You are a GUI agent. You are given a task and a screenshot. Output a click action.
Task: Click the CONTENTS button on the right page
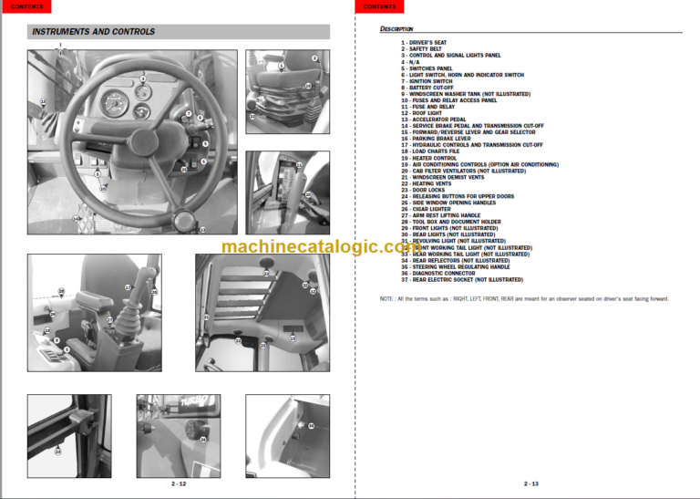tap(379, 6)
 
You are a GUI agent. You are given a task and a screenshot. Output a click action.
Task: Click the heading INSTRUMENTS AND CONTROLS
tap(93, 32)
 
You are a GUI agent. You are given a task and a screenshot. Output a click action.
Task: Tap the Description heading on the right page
tap(396, 29)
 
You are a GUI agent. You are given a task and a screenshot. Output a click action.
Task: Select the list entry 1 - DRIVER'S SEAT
tap(425, 42)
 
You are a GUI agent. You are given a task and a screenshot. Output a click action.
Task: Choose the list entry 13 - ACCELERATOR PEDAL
tap(434, 119)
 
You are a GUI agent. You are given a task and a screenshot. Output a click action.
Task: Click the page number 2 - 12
tap(179, 483)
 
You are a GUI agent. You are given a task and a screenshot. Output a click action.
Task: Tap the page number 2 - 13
tap(530, 483)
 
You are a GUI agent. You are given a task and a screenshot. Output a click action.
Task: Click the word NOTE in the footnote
tap(386, 299)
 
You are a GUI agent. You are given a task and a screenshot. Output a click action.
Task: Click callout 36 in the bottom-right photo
tap(310, 426)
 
